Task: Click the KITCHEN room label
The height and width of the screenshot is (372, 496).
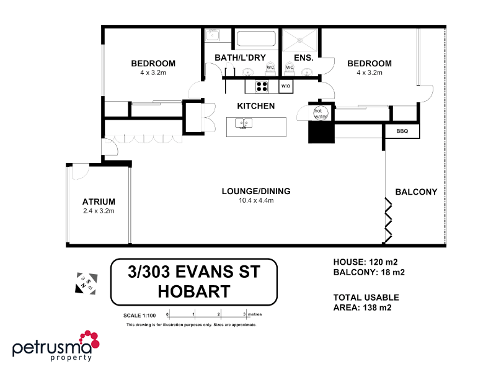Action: coord(255,106)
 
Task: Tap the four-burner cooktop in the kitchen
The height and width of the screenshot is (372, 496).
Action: coord(262,86)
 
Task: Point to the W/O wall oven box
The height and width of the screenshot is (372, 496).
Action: coord(286,86)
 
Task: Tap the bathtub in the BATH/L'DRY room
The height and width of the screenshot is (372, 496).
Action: coord(257,39)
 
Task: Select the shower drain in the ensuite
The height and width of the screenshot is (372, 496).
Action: coord(301,39)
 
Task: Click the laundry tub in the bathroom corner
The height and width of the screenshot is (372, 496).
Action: coord(213,35)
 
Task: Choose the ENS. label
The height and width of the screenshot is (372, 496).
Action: coord(303,58)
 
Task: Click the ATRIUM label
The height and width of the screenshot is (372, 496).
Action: coord(99,201)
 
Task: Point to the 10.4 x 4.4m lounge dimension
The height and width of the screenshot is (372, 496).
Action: coord(256,200)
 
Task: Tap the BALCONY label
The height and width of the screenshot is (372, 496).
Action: coord(416,192)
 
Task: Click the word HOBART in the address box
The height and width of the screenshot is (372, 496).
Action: coord(193,291)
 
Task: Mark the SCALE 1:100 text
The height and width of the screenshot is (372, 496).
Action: coord(140,316)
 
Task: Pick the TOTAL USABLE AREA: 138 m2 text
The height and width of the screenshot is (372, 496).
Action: coord(366,302)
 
